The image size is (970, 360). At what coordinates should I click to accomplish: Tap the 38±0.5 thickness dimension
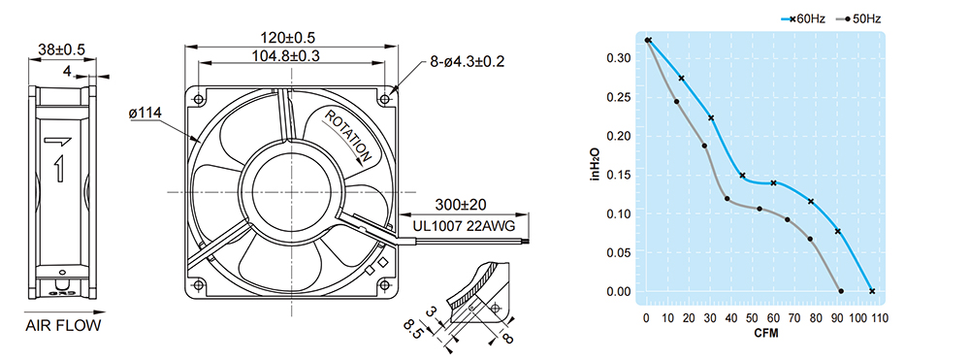point(62,49)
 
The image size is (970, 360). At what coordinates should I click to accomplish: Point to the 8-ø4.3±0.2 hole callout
point(468,61)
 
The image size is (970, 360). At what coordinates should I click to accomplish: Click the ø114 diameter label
point(145,114)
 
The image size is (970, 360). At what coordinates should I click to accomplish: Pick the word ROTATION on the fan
point(348,136)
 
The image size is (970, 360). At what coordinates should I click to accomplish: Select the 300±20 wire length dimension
point(461,205)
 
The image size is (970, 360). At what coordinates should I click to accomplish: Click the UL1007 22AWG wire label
point(464,226)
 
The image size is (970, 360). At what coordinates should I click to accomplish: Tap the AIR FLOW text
point(63,326)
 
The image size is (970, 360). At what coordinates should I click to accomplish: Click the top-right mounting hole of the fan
point(385,99)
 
